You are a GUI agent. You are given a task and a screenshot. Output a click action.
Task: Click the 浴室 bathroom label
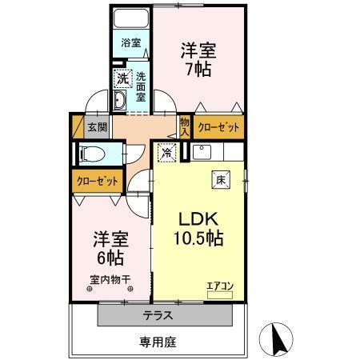pos(130,42)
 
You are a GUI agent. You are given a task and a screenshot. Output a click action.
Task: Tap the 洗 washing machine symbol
pos(122,78)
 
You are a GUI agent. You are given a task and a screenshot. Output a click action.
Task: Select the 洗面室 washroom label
pos(140,83)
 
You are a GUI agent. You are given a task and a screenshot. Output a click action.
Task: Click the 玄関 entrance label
pos(96,126)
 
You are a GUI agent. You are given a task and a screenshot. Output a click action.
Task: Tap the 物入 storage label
pos(185,126)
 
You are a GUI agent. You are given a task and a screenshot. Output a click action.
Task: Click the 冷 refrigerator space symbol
pos(166,152)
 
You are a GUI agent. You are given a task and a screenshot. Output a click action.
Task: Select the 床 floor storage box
pos(219,180)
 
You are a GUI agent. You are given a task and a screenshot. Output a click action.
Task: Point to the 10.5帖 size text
pos(198,238)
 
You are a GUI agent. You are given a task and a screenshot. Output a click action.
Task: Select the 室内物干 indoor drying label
pos(110,279)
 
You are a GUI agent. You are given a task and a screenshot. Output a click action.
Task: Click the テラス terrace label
pos(158,315)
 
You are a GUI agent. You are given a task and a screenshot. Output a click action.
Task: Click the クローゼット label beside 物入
pos(215,126)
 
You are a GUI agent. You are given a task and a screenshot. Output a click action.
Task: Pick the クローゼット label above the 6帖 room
pos(98,181)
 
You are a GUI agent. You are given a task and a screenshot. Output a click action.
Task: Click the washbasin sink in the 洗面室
pos(120,99)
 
